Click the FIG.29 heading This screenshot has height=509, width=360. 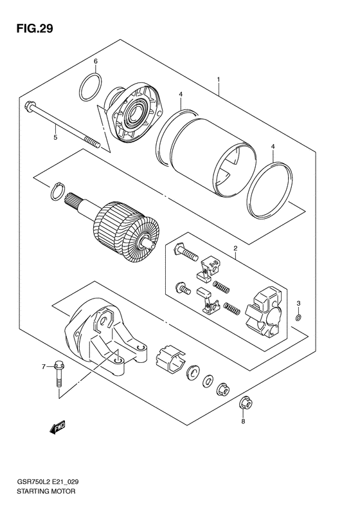(34, 28)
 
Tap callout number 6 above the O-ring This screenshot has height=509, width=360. (96, 61)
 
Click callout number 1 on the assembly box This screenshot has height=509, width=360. (219, 79)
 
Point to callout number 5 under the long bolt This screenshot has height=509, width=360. (55, 137)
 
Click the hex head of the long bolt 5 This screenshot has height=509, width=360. (28, 106)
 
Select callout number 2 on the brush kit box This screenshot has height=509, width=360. (235, 248)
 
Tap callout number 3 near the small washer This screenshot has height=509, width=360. (299, 303)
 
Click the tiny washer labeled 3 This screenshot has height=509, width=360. (299, 317)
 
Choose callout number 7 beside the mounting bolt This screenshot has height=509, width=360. (43, 367)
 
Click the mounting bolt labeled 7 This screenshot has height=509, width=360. (59, 373)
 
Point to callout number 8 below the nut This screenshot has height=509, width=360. (243, 421)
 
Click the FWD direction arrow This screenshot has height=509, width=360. (57, 427)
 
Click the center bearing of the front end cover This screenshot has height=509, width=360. (134, 112)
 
